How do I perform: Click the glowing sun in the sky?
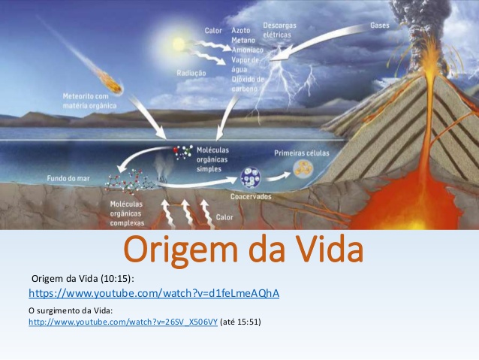pos(179,44)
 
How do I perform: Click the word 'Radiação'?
pos(191,73)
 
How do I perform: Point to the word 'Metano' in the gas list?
pos(243,40)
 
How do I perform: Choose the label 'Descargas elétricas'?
pos(279,30)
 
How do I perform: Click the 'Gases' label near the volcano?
pos(380,26)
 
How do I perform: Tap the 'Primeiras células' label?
pos(302,153)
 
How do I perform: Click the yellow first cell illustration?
pos(303,169)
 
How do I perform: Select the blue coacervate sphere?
pos(251,177)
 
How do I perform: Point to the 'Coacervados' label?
pos(251,196)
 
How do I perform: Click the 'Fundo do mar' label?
pos(68,178)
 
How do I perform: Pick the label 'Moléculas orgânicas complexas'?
pos(127,213)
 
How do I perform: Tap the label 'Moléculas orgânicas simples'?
pos(212,159)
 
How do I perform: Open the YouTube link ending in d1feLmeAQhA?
pos(154,293)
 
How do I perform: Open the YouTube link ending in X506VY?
pos(123,322)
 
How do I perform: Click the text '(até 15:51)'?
pos(240,322)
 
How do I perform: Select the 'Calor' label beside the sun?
pos(213,31)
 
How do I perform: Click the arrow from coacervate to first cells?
pos(278,177)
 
